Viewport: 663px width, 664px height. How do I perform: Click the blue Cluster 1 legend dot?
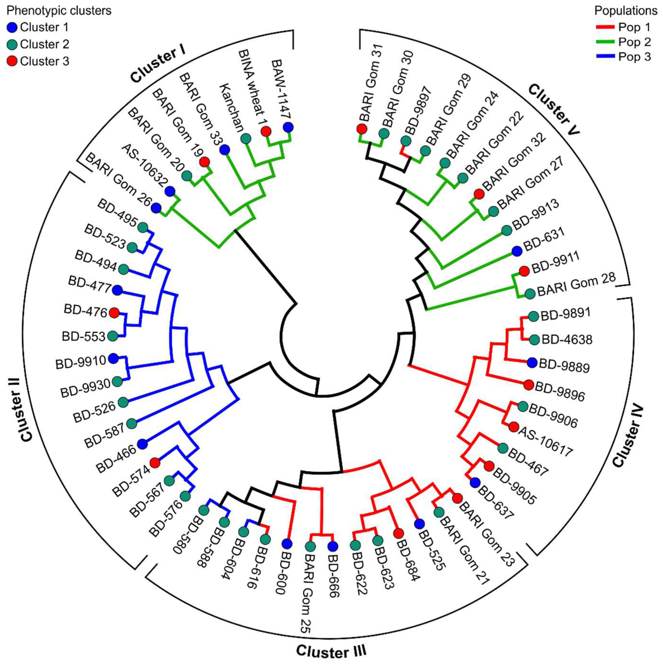pyautogui.click(x=12, y=27)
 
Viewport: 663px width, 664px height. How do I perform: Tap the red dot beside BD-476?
pyautogui.click(x=114, y=313)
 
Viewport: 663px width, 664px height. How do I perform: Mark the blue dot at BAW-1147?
pyautogui.click(x=288, y=127)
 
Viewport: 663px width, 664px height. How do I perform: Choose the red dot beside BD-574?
pyautogui.click(x=155, y=463)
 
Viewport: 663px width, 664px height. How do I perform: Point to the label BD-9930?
pyautogui.click(x=86, y=387)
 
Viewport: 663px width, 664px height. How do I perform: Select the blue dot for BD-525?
pyautogui.click(x=419, y=524)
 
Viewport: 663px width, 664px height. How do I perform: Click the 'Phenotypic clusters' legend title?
pyautogui.click(x=59, y=11)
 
